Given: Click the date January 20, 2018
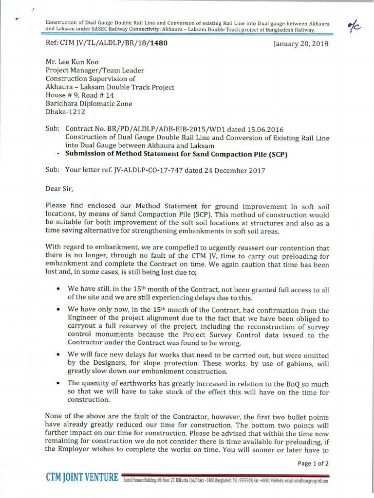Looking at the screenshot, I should click(301, 44).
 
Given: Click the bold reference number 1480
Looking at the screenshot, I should click(159, 43).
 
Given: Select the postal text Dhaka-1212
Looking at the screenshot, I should click(66, 112).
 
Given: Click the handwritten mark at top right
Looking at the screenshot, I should click(355, 28).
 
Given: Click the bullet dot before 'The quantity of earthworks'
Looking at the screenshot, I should click(58, 383).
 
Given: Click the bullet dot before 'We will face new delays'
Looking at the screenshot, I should click(58, 355).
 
